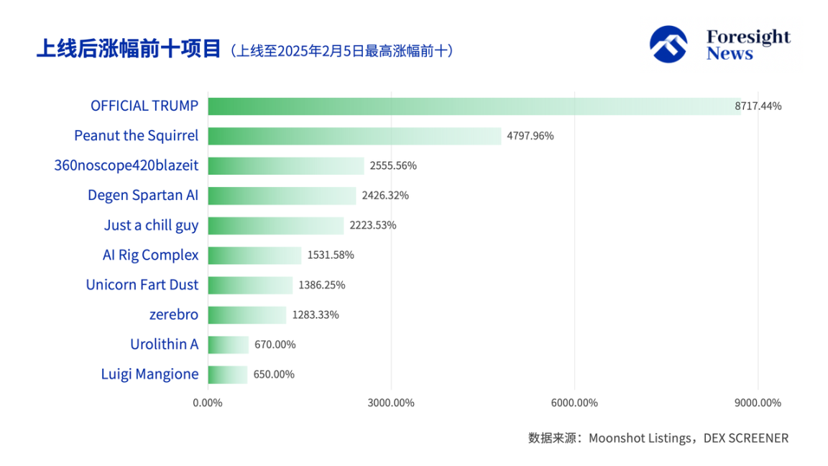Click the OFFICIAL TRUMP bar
click(474, 106)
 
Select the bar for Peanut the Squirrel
click(354, 136)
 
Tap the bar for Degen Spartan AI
click(282, 196)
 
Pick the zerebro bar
click(247, 315)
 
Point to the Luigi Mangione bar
click(227, 375)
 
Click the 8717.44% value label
click(758, 106)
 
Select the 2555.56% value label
click(393, 166)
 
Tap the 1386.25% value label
click(321, 285)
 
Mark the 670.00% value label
click(275, 345)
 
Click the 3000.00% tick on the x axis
click(391, 403)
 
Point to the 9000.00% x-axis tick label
click(758, 403)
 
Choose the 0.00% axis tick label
click(208, 403)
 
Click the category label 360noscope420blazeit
click(126, 166)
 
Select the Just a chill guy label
click(151, 226)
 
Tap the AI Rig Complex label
click(150, 255)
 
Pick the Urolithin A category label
click(164, 345)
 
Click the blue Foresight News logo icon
click(668, 45)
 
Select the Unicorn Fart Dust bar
click(250, 285)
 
